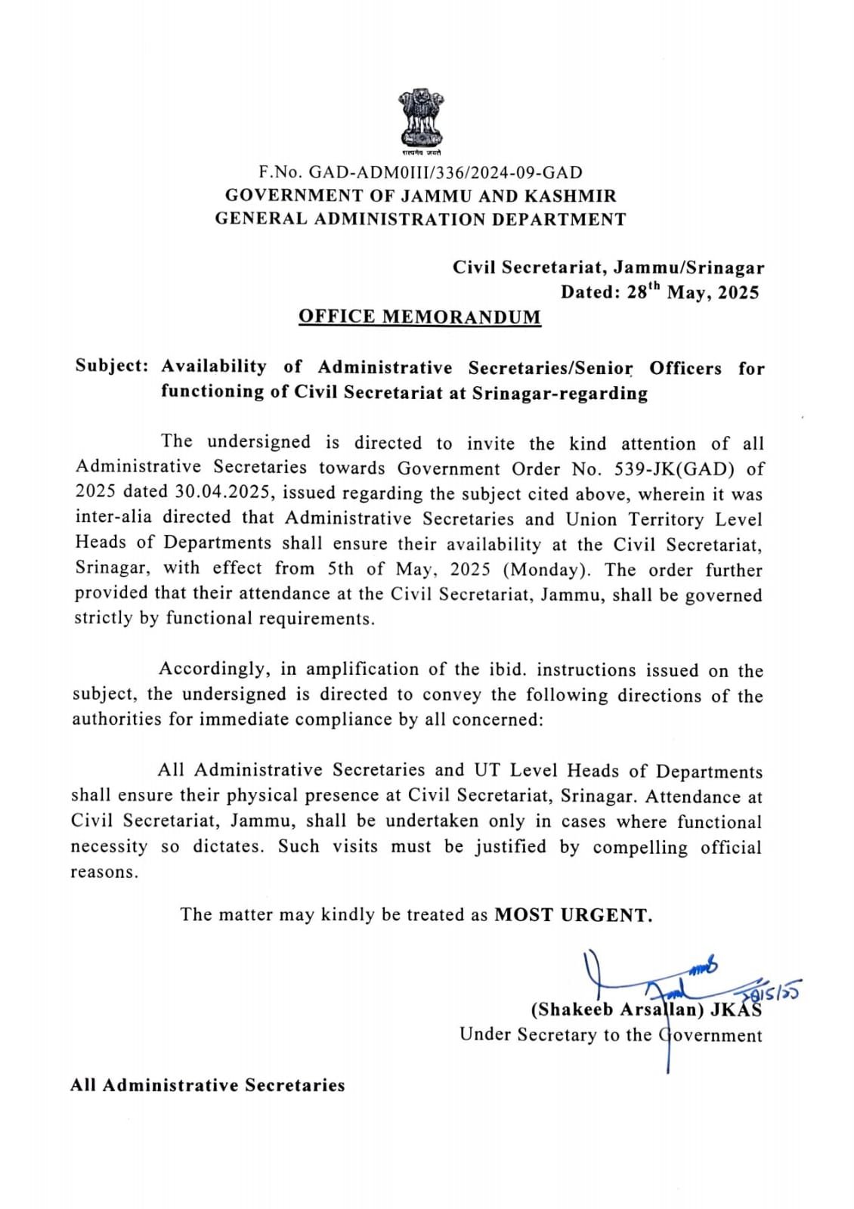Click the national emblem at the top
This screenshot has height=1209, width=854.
422,120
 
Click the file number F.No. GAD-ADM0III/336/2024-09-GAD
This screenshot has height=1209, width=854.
420,173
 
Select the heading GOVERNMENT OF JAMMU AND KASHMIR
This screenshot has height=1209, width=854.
420,196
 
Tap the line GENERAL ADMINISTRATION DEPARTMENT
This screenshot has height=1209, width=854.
420,219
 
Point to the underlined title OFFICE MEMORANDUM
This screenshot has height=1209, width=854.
419,317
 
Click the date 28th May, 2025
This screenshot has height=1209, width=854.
692,292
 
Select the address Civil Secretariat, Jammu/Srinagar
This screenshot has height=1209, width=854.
608,267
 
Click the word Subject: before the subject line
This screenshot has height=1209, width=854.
111,366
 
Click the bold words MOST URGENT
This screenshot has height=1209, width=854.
573,915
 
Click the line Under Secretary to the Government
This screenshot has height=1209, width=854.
611,1034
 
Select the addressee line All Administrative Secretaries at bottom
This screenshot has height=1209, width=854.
208,1085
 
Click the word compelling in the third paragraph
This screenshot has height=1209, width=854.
640,847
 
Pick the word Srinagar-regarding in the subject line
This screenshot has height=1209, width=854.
559,393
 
